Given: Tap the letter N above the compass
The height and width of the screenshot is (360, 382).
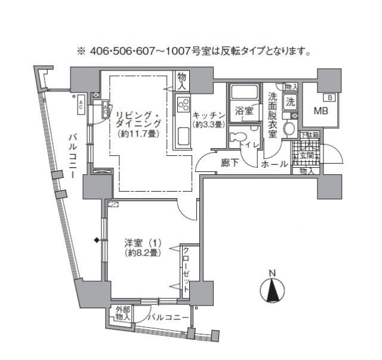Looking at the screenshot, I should pos(272,274).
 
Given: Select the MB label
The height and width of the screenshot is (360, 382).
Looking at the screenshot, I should pos(321,110).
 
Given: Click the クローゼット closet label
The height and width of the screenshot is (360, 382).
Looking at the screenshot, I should pos(186,269).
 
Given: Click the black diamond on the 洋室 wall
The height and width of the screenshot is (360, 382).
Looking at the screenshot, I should pos(95,241).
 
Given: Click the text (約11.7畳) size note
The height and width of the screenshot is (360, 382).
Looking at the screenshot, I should pos(137,133).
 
